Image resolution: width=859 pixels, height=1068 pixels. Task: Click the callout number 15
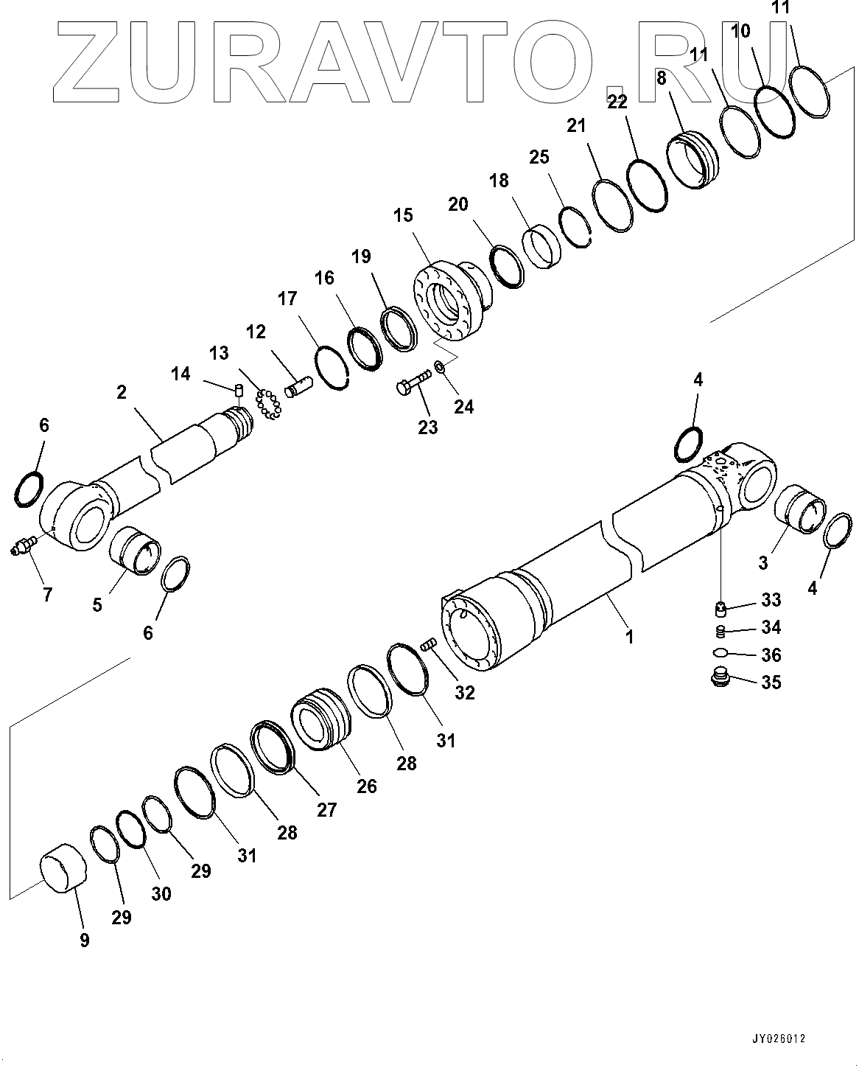pyautogui.click(x=403, y=215)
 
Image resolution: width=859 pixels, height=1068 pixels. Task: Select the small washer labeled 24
pyautogui.click(x=439, y=366)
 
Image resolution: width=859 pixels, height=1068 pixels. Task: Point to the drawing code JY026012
pyautogui.click(x=779, y=1039)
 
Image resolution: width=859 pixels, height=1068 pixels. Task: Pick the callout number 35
pyautogui.click(x=771, y=682)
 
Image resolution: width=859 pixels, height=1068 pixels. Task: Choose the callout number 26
pyautogui.click(x=366, y=786)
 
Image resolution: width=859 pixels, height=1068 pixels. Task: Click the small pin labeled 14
pyautogui.click(x=239, y=389)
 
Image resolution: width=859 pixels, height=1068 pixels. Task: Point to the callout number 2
pyautogui.click(x=122, y=392)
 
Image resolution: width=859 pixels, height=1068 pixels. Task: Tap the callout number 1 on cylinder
pyautogui.click(x=629, y=635)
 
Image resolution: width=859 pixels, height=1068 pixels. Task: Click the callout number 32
pyautogui.click(x=465, y=692)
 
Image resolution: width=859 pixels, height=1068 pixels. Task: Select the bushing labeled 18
pyautogui.click(x=543, y=248)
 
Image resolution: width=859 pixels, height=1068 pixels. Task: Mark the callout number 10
pyautogui.click(x=741, y=31)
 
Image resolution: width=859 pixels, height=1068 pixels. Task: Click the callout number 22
pyautogui.click(x=617, y=102)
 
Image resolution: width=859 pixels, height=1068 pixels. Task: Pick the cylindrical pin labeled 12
pyautogui.click(x=299, y=386)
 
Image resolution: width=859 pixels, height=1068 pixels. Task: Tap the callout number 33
pyautogui.click(x=771, y=600)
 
